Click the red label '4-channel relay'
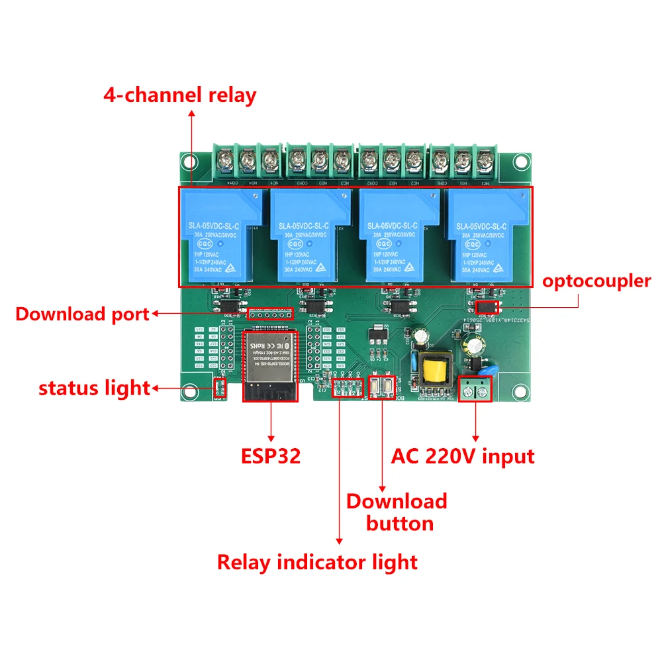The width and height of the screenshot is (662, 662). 179,95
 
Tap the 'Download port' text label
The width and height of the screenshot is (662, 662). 83,314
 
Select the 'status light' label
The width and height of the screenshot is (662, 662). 94,388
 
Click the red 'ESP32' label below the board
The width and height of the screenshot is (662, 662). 270,455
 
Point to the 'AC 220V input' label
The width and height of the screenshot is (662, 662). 463,455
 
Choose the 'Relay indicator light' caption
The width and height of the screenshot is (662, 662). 317,562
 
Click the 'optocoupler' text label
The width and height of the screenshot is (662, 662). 596,281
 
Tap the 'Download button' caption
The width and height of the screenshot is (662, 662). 397,512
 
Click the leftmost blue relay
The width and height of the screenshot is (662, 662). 220,236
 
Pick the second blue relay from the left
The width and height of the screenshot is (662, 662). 309,236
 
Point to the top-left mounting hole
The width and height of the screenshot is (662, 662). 191,161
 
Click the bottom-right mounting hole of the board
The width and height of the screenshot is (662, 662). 522,391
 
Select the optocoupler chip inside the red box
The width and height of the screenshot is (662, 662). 488,307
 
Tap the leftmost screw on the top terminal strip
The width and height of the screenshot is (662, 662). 225,159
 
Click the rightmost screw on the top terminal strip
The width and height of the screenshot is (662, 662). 485,159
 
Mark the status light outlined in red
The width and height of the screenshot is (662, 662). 220,387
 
